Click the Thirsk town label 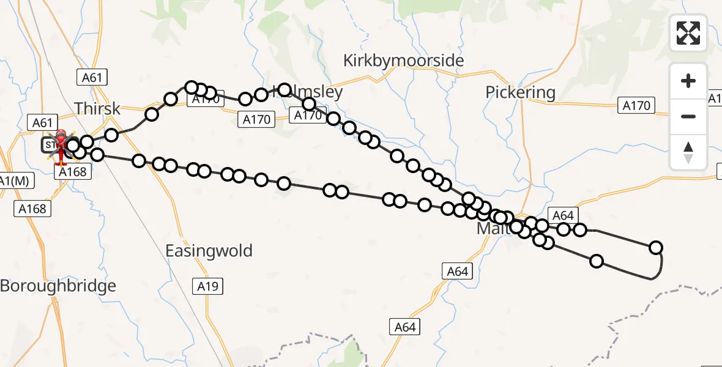click(99, 108)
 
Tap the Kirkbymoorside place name click(403, 61)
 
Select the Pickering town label click(520, 92)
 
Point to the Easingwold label click(209, 251)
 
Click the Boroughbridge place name click(58, 286)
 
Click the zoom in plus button click(688, 81)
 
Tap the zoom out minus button click(688, 116)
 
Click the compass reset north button click(688, 152)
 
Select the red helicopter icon click(61, 146)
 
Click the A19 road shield click(208, 286)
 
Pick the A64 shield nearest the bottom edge click(405, 327)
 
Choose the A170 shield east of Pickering click(636, 105)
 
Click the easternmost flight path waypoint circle click(656, 248)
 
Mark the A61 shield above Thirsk click(92, 77)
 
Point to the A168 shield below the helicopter click(72, 172)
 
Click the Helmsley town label click(313, 92)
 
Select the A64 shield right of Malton click(563, 215)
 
